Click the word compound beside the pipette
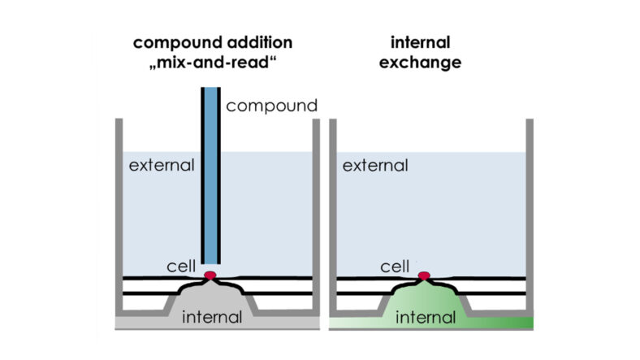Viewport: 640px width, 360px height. click(271, 106)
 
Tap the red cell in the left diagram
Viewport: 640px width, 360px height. click(210, 275)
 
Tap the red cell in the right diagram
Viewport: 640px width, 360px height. click(424, 276)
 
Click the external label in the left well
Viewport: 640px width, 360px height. click(162, 166)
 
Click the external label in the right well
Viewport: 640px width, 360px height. click(374, 166)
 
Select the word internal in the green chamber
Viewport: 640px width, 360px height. click(425, 316)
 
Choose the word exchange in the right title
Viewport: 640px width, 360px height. click(421, 62)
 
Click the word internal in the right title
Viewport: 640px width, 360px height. click(421, 42)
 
